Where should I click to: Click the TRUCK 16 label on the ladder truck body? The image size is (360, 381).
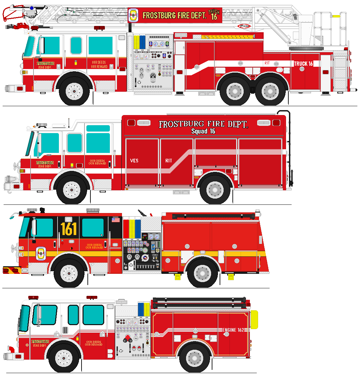(x=303, y=64)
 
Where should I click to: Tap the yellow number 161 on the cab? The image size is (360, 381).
(x=68, y=229)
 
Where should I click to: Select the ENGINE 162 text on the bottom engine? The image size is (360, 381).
(x=233, y=330)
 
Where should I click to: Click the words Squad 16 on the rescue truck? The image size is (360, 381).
(x=203, y=131)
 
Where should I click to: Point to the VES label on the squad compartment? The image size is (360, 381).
(x=134, y=161)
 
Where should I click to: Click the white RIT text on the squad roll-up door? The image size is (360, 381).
(x=169, y=161)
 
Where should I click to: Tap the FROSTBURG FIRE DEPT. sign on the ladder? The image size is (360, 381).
(x=175, y=15)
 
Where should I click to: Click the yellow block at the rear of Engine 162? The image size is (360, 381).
(x=254, y=320)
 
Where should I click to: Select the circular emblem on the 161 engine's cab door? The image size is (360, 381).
(x=41, y=253)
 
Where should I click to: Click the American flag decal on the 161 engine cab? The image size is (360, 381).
(x=115, y=220)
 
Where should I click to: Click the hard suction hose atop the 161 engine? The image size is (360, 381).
(x=213, y=216)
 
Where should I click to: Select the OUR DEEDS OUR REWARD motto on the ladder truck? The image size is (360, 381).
(x=99, y=64)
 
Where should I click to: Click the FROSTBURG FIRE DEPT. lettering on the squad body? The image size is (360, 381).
(x=203, y=124)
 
